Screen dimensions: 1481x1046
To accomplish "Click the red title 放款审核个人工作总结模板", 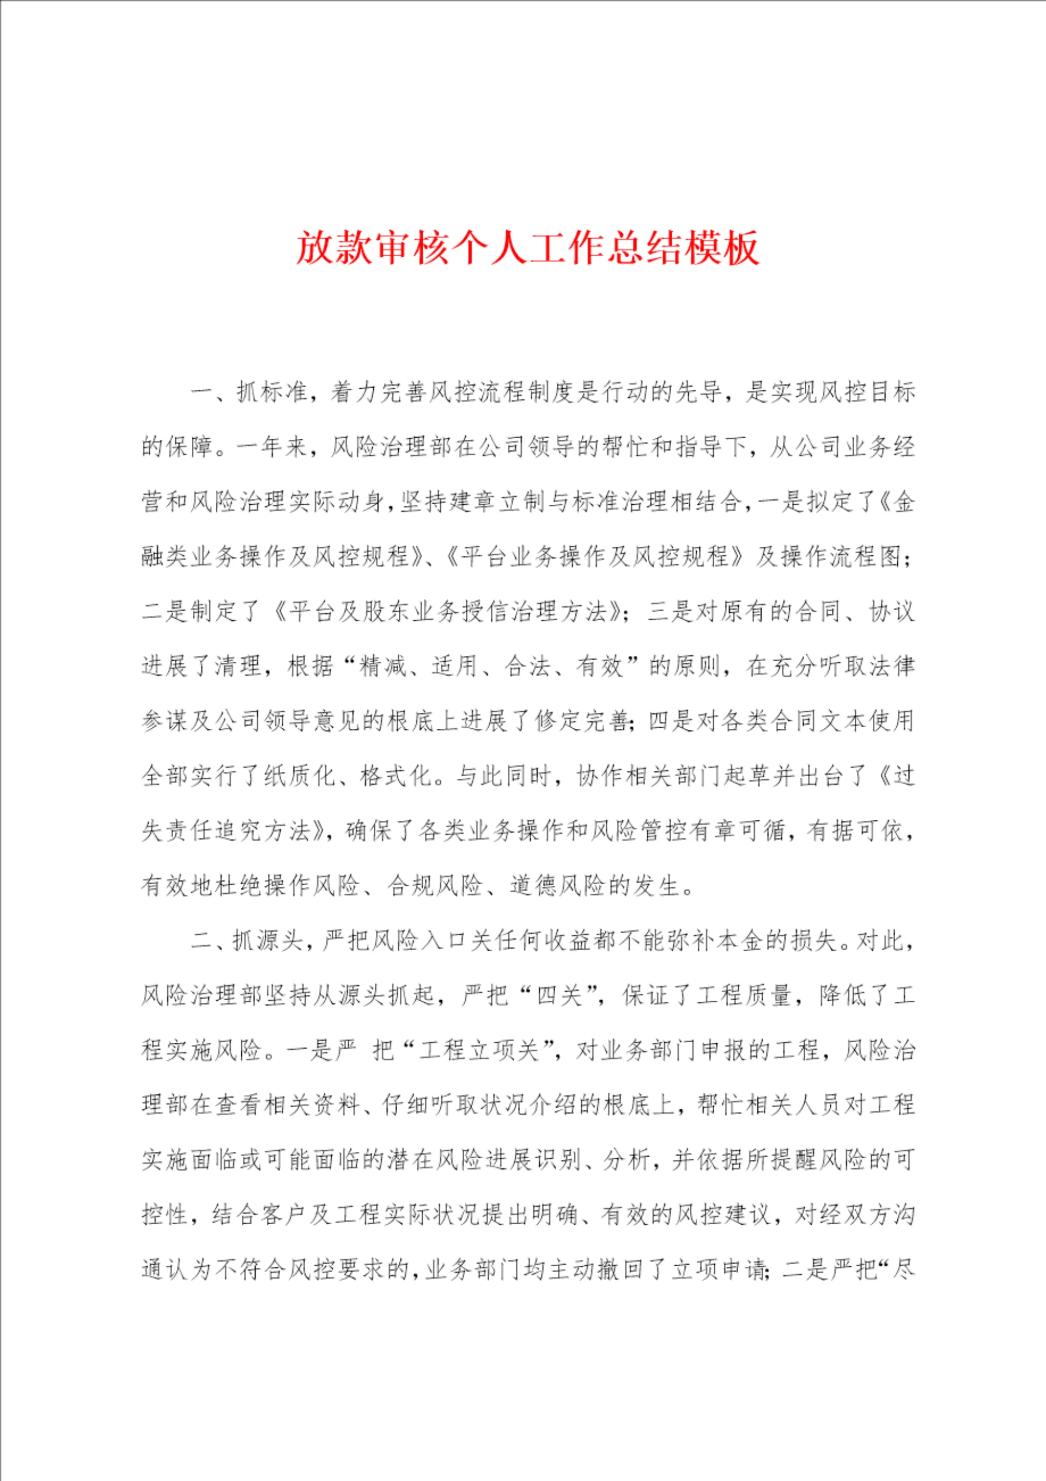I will click(527, 247).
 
